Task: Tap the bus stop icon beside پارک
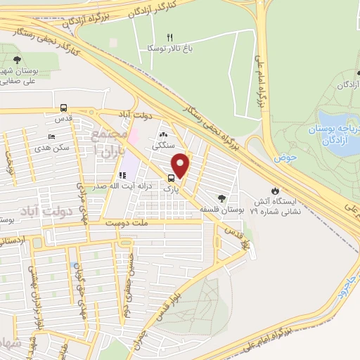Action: (x=172, y=178)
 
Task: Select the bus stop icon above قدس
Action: (x=64, y=108)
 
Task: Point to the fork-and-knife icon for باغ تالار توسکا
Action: (x=169, y=37)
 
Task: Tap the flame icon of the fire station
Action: (x=276, y=190)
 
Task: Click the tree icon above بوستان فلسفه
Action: (x=222, y=198)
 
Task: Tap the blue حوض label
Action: (x=284, y=159)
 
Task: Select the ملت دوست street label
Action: (x=125, y=223)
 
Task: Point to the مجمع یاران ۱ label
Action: (x=111, y=144)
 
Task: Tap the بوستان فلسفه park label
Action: (x=223, y=210)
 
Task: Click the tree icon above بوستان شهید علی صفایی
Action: (x=17, y=60)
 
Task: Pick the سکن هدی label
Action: (x=56, y=148)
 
